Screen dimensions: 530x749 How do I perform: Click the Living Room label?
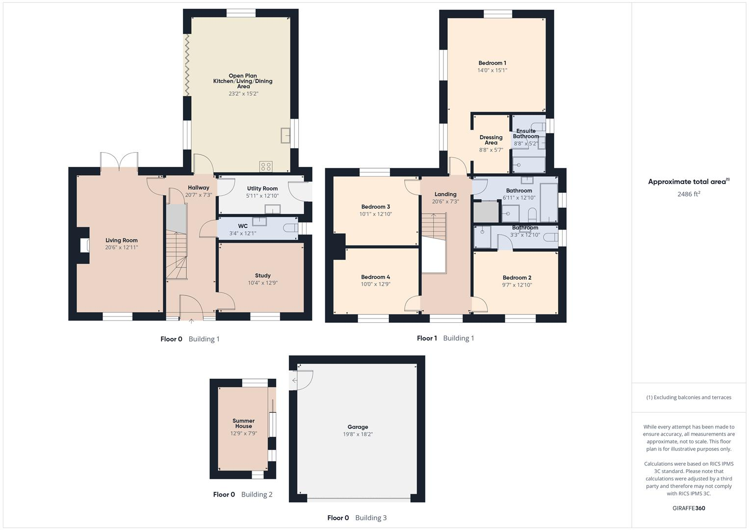coord(122,240)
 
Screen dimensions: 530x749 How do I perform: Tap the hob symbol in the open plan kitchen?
coord(266,166)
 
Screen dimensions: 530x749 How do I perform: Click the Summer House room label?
coord(243,424)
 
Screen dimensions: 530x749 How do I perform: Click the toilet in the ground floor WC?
coord(291,228)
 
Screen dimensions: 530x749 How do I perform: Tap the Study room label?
coord(262,276)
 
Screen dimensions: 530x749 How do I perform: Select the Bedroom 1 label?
coord(492,63)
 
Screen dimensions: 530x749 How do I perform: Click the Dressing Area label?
coord(491,140)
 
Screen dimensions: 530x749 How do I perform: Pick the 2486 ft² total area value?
coord(689,194)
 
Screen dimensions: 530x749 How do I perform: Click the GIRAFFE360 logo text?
coord(689,508)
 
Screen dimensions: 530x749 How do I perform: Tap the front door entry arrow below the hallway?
coord(191,321)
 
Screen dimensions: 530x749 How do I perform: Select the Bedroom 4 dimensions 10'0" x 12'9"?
coord(375,284)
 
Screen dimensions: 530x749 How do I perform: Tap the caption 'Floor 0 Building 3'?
coord(357,518)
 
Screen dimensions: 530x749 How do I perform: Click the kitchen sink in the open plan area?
coord(285,135)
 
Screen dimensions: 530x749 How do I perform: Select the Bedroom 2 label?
coord(517,278)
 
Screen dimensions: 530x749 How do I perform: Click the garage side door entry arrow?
coord(295,380)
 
